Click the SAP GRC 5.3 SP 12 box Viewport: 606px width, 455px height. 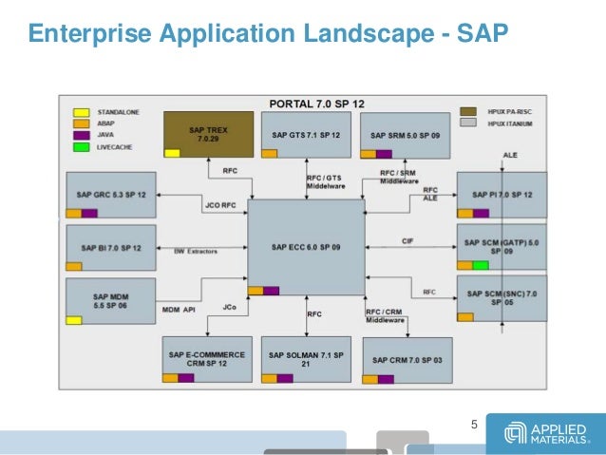111,195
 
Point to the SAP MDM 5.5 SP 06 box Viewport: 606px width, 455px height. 111,301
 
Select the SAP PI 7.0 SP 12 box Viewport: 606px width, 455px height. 502,195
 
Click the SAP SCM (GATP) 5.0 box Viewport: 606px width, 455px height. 502,247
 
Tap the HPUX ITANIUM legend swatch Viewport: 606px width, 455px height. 467,123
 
